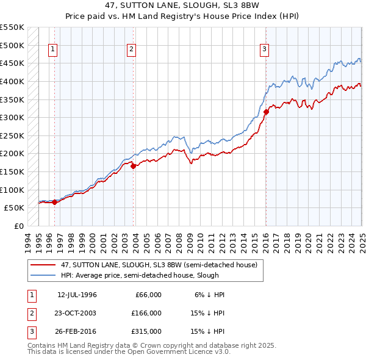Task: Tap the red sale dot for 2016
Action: click(x=266, y=112)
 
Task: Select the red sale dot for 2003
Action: click(x=133, y=165)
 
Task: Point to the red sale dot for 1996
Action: click(x=54, y=202)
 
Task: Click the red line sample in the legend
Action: click(x=44, y=265)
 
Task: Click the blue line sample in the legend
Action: click(x=44, y=275)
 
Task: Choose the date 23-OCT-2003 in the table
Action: click(x=77, y=313)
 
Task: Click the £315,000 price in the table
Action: click(x=146, y=331)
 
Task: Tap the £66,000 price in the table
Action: click(x=148, y=295)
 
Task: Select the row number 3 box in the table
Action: click(x=31, y=331)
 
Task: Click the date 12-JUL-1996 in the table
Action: click(x=77, y=295)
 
